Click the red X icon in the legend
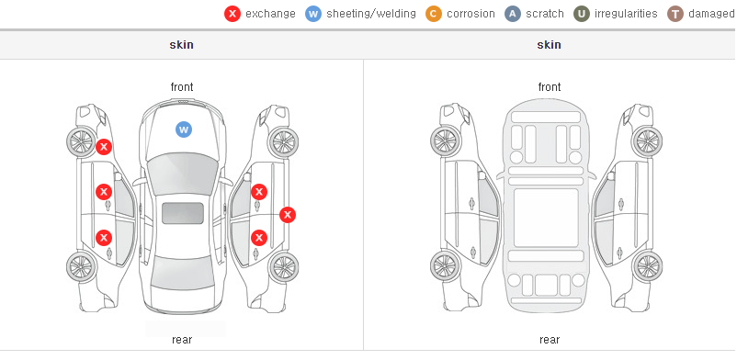pos(232,14)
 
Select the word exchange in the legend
pos(270,14)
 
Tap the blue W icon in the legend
pos(313,14)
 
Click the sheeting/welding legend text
pos(371,14)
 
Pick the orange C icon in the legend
pos(434,14)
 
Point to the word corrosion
pos(471,14)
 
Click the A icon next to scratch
pos(513,14)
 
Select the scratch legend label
pos(545,14)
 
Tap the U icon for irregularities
pos(582,14)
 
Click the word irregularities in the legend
pos(626,14)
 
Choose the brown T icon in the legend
pos(675,14)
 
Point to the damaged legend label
pos(712,14)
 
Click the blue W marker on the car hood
pos(184,129)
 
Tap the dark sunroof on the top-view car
pos(183,213)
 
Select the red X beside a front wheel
pos(104,147)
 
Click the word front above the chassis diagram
pos(550,87)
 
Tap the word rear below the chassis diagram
pos(550,340)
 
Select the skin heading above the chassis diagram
pos(549,45)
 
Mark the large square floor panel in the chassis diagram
pos(546,218)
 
